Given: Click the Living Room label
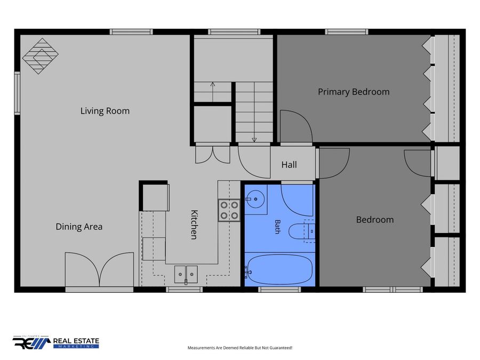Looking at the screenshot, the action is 105,111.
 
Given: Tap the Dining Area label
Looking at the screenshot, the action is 79,227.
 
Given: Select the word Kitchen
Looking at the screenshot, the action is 194,225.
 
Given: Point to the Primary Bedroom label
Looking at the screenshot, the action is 354,92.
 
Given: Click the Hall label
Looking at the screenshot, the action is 289,165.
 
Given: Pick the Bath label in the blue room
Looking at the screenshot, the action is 278,227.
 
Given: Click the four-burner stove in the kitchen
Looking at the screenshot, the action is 229,210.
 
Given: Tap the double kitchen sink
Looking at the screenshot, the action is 186,274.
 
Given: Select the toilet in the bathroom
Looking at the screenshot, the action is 302,231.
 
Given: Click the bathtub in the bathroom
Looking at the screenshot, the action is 279,270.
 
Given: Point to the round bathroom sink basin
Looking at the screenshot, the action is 255,199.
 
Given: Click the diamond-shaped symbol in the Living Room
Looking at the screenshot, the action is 41,56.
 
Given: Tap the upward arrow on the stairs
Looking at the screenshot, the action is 213,92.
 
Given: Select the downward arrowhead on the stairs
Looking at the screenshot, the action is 254,140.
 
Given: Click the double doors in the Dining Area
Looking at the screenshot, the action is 99,269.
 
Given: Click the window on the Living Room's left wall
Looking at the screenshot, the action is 18,93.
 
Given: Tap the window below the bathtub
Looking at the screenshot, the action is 279,290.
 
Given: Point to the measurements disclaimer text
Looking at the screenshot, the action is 240,348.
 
